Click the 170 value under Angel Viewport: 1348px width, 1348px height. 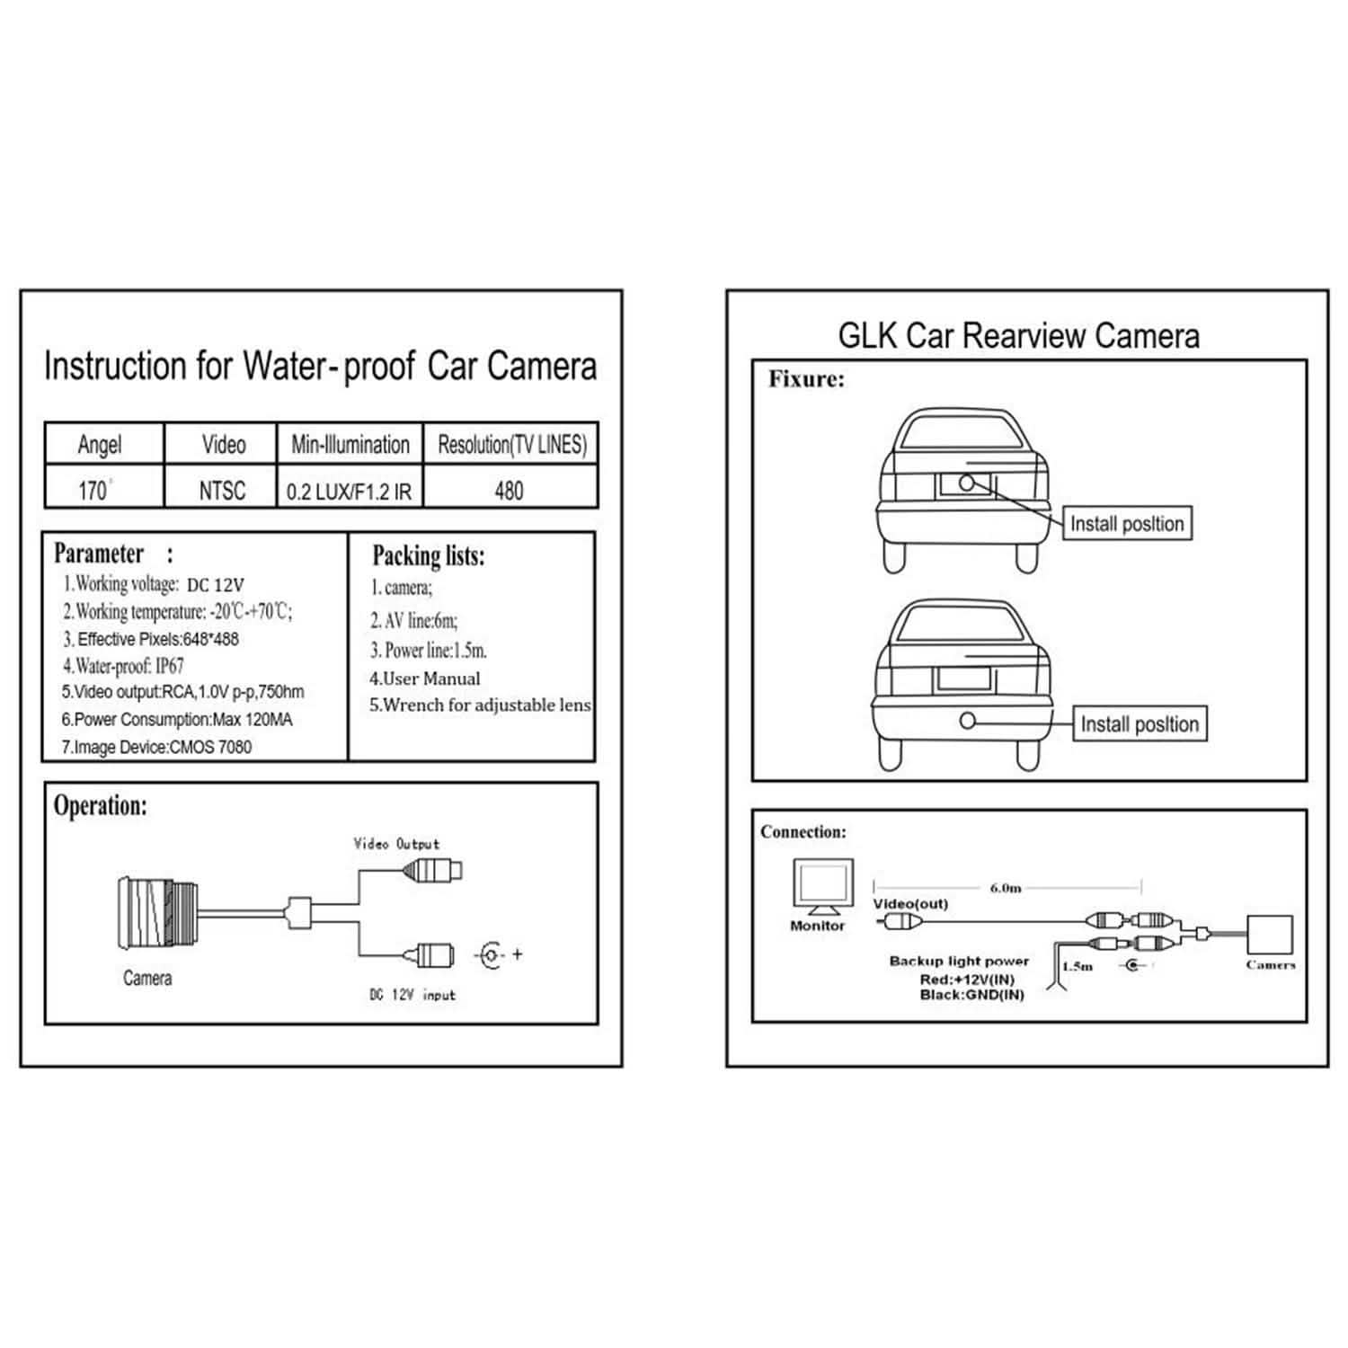click(x=93, y=491)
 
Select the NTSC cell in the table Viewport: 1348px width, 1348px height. click(x=222, y=491)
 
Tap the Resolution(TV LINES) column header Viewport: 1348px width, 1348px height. click(x=511, y=444)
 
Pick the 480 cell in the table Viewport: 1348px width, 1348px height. click(x=509, y=491)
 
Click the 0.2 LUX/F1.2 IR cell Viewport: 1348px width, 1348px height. click(x=349, y=492)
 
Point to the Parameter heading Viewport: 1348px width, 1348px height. click(x=100, y=554)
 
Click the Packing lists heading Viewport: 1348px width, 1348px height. click(x=428, y=556)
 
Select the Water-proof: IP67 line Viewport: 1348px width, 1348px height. click(x=123, y=666)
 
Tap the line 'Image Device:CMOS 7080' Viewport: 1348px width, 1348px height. click(x=156, y=747)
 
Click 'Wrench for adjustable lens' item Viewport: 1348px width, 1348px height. click(x=480, y=705)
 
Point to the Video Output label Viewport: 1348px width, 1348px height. click(x=396, y=844)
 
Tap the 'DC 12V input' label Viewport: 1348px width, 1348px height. click(x=412, y=995)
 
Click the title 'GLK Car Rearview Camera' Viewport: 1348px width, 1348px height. click(x=1018, y=336)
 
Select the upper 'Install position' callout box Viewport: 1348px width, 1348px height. click(x=1127, y=524)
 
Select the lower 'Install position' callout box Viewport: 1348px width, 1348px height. click(x=1140, y=724)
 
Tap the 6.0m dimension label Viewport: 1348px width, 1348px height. click(x=1006, y=888)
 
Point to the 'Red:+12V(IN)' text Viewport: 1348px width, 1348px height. click(x=967, y=980)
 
